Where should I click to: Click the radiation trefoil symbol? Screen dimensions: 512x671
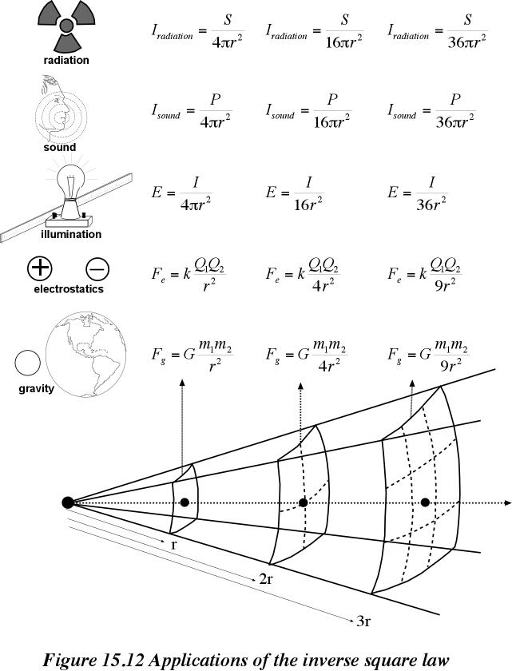click(x=65, y=26)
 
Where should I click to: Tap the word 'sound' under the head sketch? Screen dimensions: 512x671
click(x=59, y=147)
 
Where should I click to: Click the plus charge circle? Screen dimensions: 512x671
click(x=40, y=268)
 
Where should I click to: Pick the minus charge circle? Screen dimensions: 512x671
click(x=97, y=269)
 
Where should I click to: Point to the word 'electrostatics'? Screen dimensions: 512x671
click(x=69, y=289)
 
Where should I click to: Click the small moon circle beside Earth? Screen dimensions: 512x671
click(x=28, y=363)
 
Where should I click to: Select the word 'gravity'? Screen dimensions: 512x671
click(x=37, y=388)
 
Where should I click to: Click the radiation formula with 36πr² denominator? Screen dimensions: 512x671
click(x=438, y=32)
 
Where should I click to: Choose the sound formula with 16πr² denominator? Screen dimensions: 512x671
click(x=309, y=111)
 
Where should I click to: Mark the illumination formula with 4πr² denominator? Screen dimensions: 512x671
click(x=182, y=193)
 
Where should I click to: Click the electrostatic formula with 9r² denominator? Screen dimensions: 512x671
click(x=425, y=274)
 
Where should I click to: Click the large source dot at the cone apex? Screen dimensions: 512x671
click(x=68, y=502)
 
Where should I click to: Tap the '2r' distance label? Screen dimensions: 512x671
click(x=266, y=579)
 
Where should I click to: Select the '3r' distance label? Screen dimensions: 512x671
click(x=363, y=621)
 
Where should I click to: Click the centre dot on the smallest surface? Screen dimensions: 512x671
click(x=185, y=502)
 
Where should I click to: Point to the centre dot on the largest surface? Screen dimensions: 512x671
click(x=425, y=502)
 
